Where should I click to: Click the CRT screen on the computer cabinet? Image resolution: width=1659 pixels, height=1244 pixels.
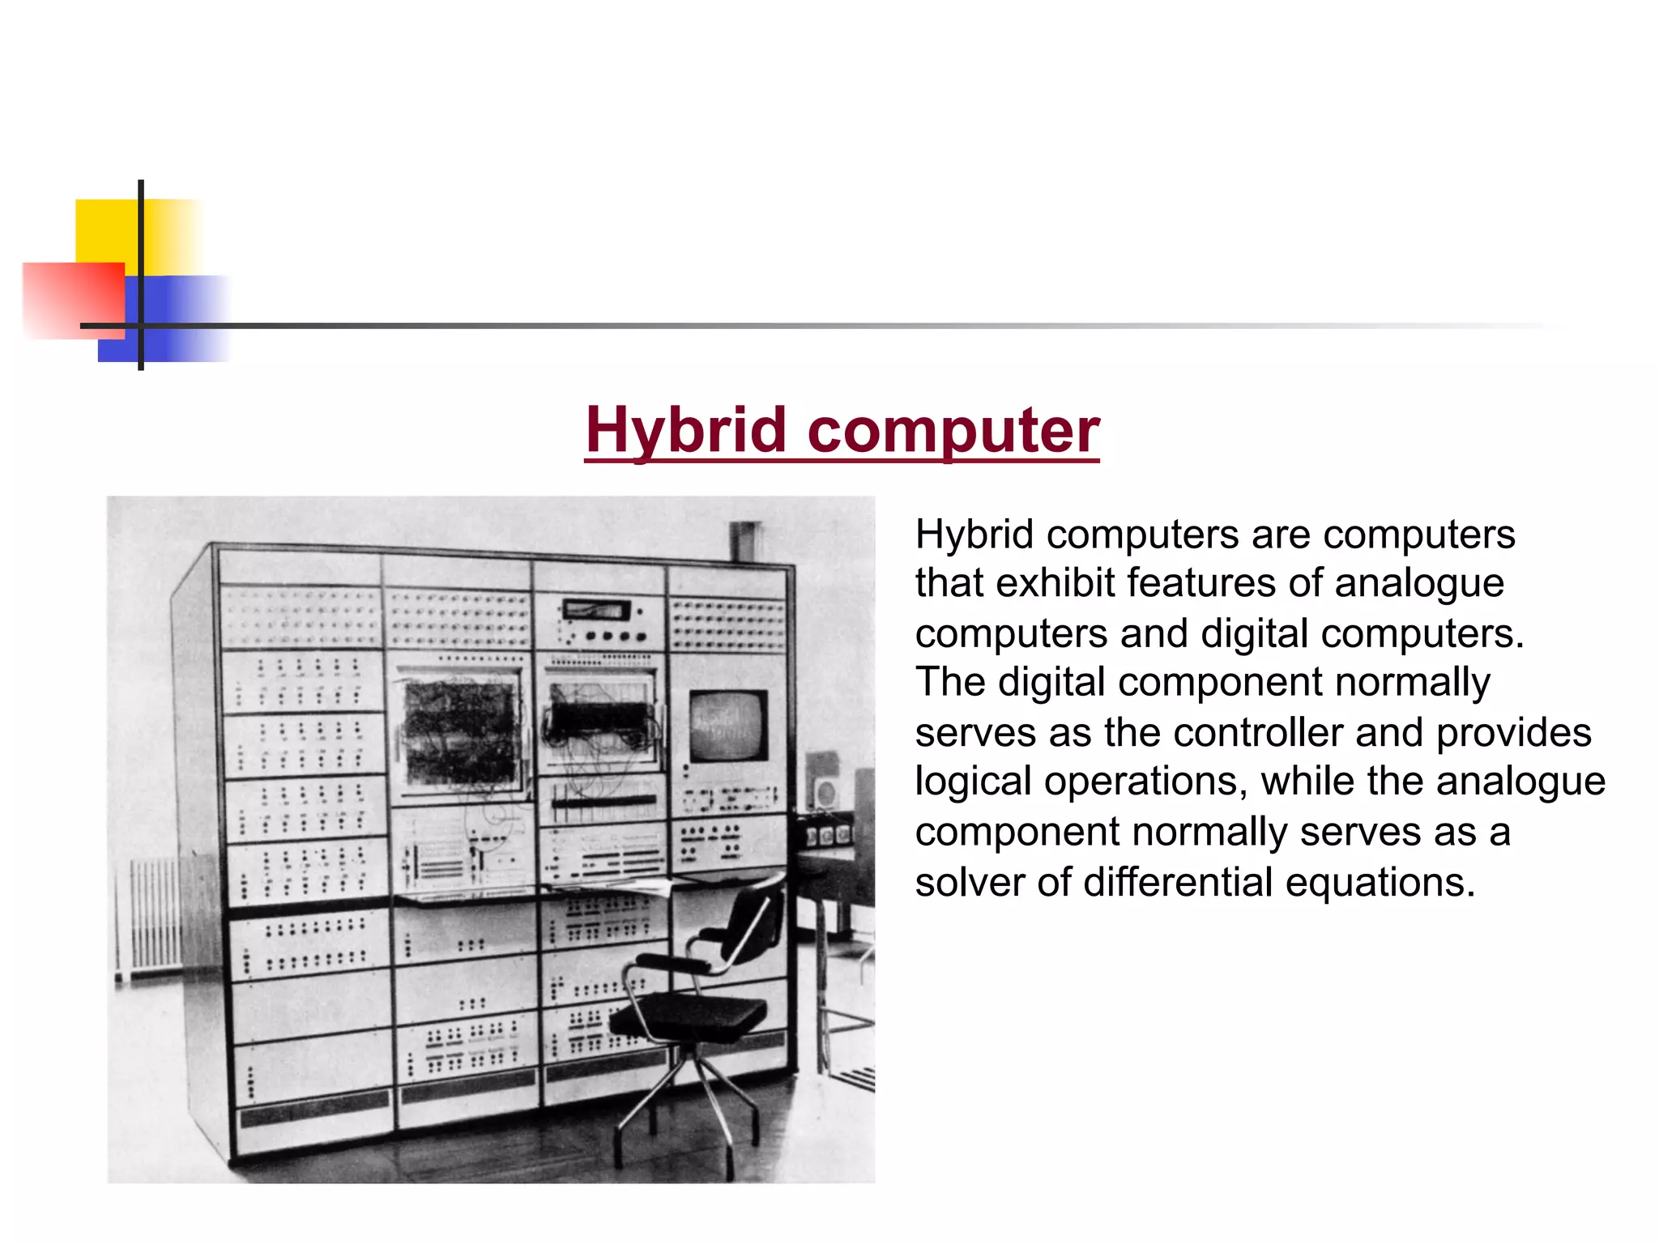pyautogui.click(x=728, y=725)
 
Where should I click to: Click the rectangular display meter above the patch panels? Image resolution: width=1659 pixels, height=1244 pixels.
pyautogui.click(x=596, y=609)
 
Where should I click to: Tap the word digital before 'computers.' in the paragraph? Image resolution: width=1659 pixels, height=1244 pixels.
pyautogui.click(x=1254, y=633)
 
